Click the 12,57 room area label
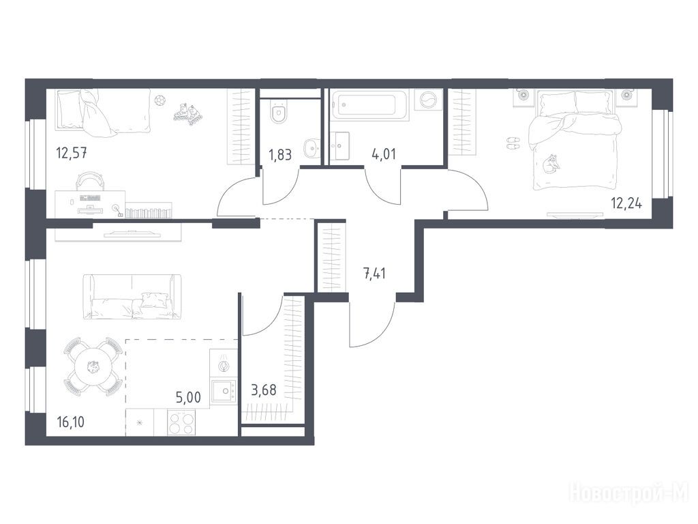point(71,154)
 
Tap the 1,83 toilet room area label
point(280,155)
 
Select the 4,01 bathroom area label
point(384,155)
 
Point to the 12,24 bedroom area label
point(627,203)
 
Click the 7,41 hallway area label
point(375,272)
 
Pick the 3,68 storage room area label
point(264,390)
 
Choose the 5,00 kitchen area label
point(188,397)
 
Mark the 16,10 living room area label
point(71,422)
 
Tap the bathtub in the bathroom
point(369,105)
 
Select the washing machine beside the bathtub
point(429,100)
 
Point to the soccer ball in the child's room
point(159,100)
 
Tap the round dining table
point(94,367)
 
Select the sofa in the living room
point(132,297)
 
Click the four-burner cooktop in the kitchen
point(181,422)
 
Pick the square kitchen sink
point(224,391)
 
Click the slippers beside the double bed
point(513,143)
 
